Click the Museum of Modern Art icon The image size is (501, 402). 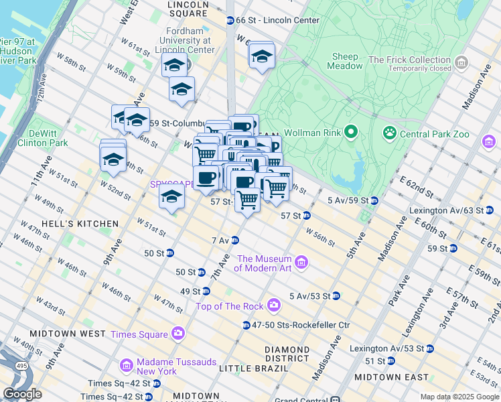(x=301, y=262)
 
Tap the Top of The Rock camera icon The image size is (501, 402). (x=273, y=306)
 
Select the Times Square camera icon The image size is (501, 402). (x=178, y=332)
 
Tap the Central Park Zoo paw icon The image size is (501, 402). (x=389, y=133)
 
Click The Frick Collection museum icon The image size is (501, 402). (x=461, y=64)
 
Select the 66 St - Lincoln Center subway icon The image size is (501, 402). (x=230, y=20)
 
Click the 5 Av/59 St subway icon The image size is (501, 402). (x=375, y=200)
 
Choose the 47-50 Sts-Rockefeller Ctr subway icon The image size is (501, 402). (x=246, y=325)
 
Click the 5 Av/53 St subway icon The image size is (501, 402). (x=336, y=295)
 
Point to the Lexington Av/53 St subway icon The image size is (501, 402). (x=429, y=348)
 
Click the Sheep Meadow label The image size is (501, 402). (x=344, y=61)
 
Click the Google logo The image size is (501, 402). (x=22, y=394)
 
